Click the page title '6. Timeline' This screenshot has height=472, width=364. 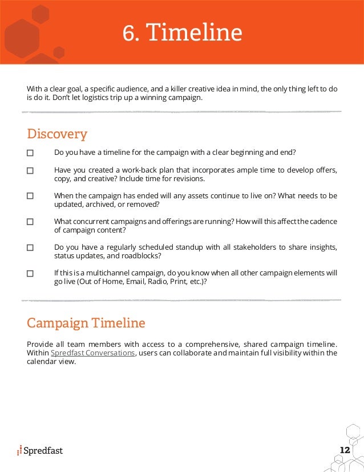click(182, 33)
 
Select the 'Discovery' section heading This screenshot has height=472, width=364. click(57, 134)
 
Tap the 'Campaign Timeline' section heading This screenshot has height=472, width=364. click(86, 323)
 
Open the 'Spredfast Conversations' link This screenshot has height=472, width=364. click(93, 353)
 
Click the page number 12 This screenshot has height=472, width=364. click(344, 450)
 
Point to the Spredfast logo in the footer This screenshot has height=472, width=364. click(40, 450)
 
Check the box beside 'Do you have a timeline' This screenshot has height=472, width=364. click(30, 153)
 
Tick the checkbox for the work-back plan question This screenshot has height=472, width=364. click(30, 170)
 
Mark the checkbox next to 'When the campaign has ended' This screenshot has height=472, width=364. click(30, 195)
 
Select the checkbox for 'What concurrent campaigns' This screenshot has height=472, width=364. click(30, 222)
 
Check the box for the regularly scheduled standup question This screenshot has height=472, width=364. click(30, 247)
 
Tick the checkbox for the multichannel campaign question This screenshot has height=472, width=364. click(30, 274)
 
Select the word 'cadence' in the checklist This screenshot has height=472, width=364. click(322, 221)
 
